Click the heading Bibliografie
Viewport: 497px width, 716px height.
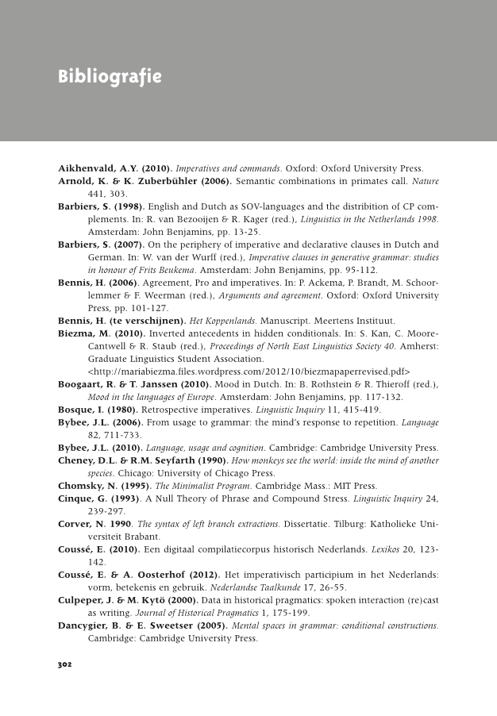tap(110, 77)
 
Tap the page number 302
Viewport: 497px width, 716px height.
tap(65, 664)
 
